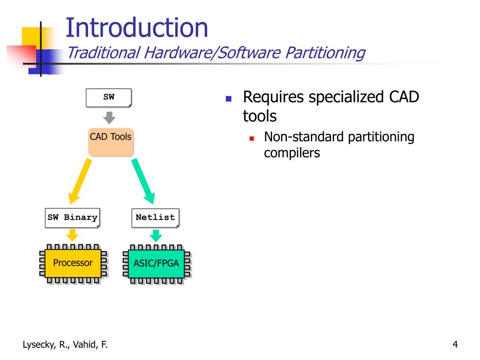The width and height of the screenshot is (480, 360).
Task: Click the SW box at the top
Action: (109, 97)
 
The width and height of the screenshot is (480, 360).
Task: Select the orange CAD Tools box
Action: (111, 142)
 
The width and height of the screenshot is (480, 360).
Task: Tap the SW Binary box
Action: (73, 218)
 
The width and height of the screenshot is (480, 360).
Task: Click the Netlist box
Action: (156, 218)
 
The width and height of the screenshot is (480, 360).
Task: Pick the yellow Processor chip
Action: (73, 263)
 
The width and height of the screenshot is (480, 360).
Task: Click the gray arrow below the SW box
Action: (109, 118)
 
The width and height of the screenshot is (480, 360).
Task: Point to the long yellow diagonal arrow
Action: (80, 181)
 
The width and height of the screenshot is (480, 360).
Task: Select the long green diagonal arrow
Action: (143, 181)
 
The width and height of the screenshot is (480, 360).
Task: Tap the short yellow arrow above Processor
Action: (73, 235)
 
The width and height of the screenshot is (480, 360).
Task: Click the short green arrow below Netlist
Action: (156, 236)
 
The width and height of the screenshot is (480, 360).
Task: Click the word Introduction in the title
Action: (137, 28)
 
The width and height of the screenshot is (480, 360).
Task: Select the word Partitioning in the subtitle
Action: (325, 52)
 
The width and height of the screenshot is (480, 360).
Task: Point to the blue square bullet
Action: (228, 98)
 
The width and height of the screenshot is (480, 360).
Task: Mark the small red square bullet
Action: (252, 139)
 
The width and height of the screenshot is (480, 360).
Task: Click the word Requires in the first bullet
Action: (274, 97)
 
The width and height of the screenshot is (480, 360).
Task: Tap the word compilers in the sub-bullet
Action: (292, 153)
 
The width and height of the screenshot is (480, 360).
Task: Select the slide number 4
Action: (455, 345)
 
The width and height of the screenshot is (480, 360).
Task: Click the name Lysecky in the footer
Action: (38, 345)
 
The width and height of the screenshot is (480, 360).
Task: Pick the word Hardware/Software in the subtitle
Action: (212, 52)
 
